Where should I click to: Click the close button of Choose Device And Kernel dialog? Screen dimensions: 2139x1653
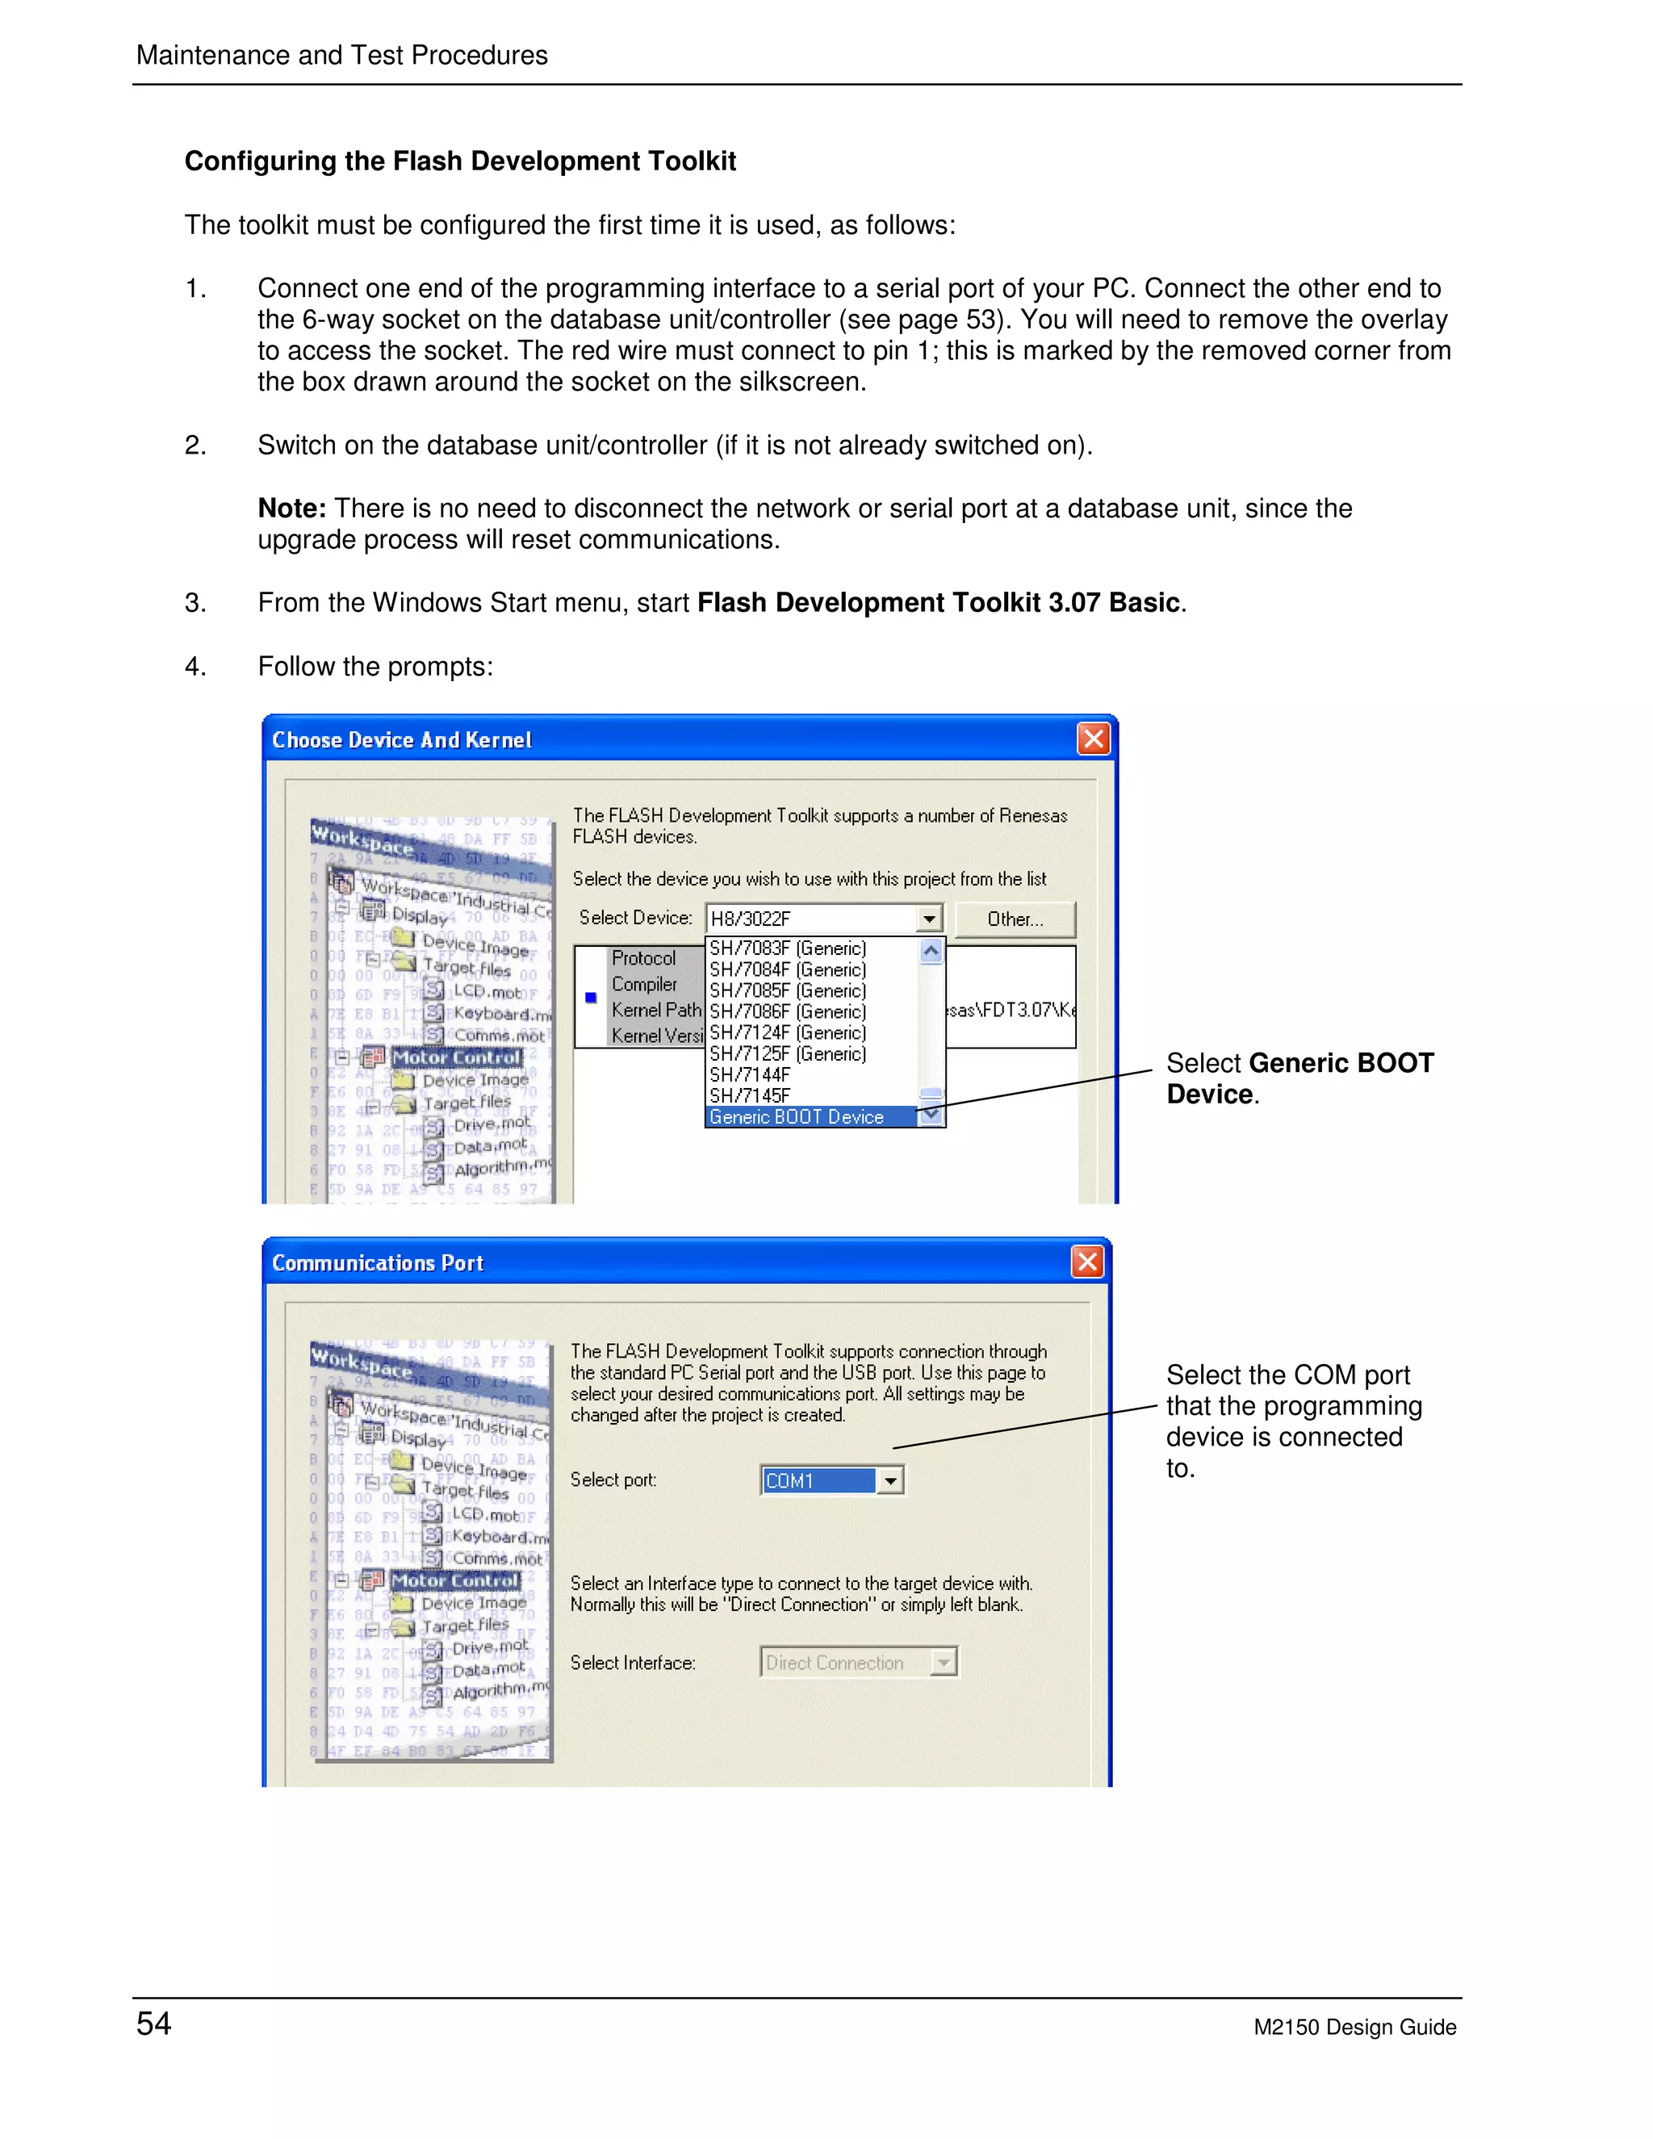[1093, 739]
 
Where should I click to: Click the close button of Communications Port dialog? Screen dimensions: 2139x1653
[1087, 1262]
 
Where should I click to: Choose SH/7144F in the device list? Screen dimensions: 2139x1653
[750, 1074]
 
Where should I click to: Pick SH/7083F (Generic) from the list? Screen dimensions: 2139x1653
[787, 948]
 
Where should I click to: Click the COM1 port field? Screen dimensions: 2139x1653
[818, 1480]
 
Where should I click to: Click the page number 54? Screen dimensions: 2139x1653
[153, 2024]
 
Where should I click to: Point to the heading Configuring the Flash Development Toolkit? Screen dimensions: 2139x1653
[459, 161]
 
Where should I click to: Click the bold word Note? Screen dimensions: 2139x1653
[291, 509]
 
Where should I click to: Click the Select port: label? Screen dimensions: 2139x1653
[613, 1480]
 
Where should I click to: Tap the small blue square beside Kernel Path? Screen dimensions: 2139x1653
[591, 998]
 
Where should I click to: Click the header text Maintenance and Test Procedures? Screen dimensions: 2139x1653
[341, 55]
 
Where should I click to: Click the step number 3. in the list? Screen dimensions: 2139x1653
[195, 603]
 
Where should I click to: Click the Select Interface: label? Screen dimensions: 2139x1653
[633, 1663]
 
